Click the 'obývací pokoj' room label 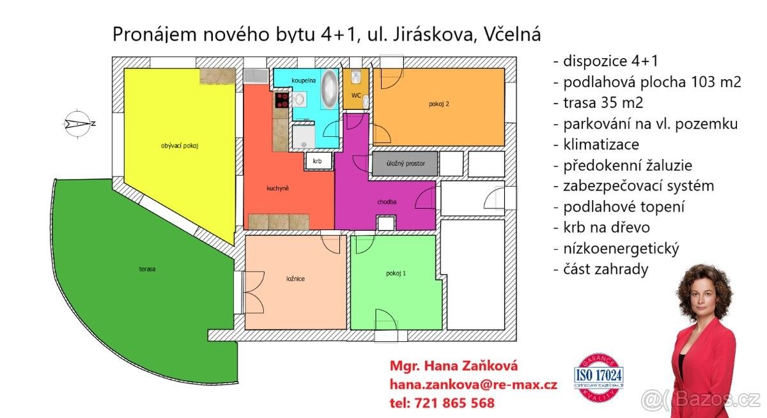(x=180, y=146)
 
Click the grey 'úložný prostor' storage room (x=403, y=164)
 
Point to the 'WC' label (x=356, y=95)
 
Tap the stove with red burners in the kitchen (x=282, y=100)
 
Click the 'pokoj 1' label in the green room (x=396, y=273)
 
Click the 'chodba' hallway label (x=387, y=202)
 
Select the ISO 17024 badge (x=599, y=377)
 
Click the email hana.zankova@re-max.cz (x=473, y=384)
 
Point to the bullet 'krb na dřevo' (x=601, y=228)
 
